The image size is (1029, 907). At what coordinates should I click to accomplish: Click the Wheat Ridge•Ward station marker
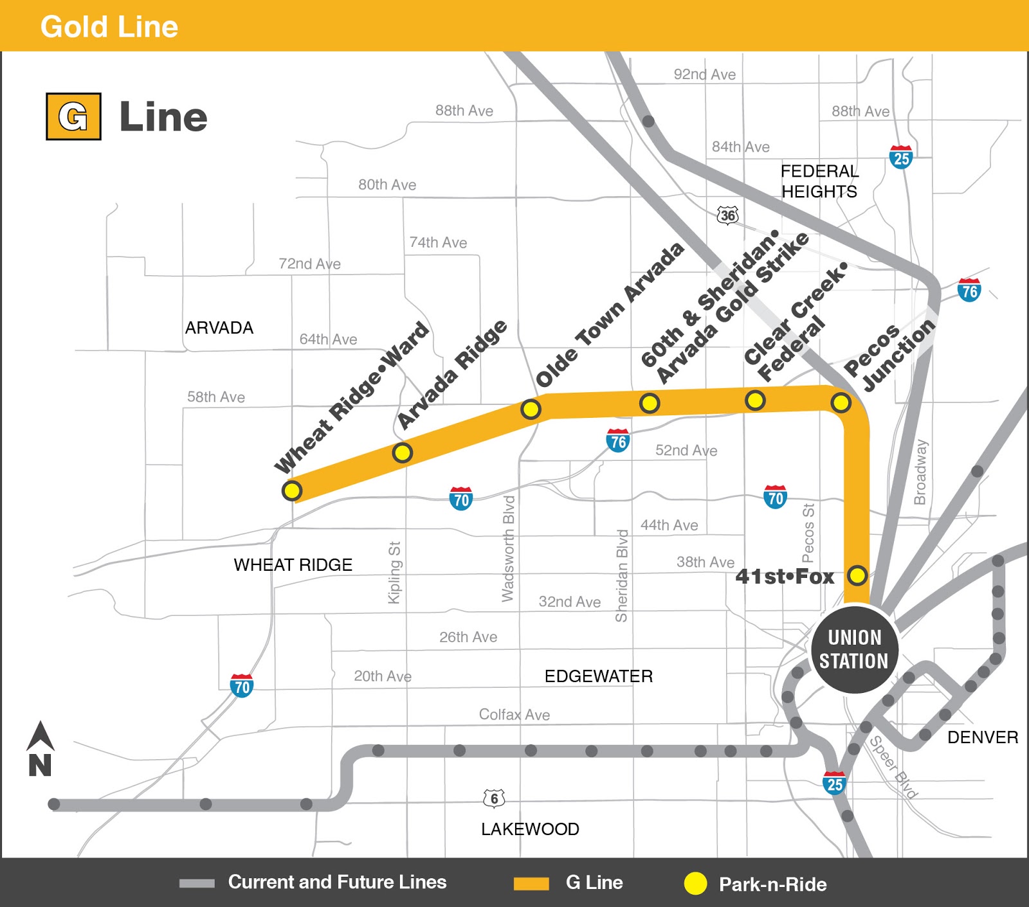click(x=292, y=490)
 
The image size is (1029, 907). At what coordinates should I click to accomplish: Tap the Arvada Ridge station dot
click(x=402, y=453)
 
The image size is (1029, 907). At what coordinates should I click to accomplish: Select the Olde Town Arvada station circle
click(x=531, y=409)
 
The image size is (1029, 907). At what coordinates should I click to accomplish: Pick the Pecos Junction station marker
click(x=841, y=403)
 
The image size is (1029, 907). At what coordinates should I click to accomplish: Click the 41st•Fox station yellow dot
click(x=857, y=575)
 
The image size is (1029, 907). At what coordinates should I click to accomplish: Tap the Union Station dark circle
click(x=854, y=649)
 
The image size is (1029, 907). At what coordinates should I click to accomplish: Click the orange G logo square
click(x=73, y=116)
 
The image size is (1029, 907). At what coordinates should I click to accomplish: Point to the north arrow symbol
click(x=40, y=748)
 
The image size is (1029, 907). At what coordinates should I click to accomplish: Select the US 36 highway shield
click(x=728, y=215)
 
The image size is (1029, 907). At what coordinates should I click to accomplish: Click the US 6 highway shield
click(x=494, y=798)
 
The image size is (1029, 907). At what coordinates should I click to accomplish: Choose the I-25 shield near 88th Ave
click(x=901, y=157)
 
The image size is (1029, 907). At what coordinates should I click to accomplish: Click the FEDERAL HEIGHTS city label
click(x=819, y=181)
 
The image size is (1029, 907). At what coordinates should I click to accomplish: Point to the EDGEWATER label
click(x=598, y=676)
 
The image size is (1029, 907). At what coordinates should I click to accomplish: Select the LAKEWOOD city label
click(x=530, y=829)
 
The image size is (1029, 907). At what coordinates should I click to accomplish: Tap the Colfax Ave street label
click(x=514, y=715)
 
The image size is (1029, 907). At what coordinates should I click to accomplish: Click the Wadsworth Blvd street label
click(x=508, y=548)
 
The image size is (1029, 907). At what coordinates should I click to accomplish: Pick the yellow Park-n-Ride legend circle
click(x=695, y=883)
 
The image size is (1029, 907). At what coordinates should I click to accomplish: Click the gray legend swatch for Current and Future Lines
click(x=197, y=883)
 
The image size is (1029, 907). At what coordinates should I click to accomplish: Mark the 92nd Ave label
click(x=704, y=75)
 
